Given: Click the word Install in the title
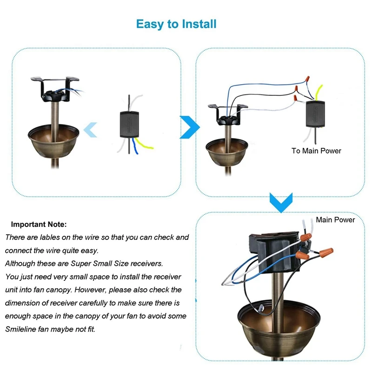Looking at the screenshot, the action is click(199, 24).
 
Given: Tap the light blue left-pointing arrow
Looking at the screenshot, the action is click(90, 130).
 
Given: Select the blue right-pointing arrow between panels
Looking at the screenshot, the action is click(190, 127).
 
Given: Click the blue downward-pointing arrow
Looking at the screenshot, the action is click(281, 203).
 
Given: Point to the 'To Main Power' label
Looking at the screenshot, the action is click(316, 151).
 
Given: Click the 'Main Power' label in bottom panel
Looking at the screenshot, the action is click(335, 219).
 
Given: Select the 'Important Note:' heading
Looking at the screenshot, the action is click(39, 225).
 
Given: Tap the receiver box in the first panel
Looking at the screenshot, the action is click(129, 124).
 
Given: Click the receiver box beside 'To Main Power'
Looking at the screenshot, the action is click(315, 114).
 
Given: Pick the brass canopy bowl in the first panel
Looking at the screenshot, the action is click(53, 140).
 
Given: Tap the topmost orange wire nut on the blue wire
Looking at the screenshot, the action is click(307, 79).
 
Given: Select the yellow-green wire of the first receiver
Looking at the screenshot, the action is click(144, 144).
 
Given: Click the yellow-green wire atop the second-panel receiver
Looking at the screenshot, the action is click(319, 92).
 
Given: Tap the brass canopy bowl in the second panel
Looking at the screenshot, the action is click(227, 152).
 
